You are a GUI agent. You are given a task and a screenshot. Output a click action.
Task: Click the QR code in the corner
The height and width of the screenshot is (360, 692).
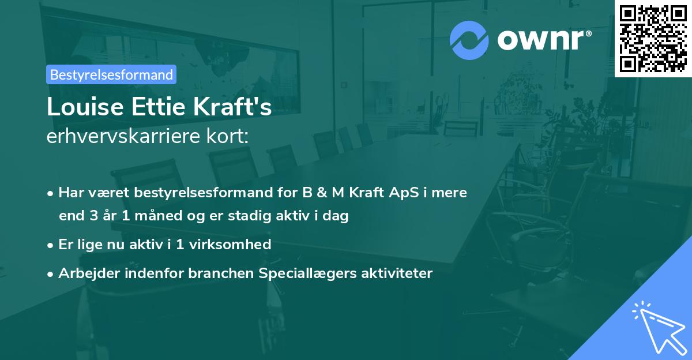(653, 38)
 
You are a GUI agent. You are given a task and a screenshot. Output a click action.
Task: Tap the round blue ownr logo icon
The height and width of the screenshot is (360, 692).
(469, 40)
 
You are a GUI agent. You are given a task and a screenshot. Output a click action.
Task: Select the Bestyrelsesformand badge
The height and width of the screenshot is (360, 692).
(111, 74)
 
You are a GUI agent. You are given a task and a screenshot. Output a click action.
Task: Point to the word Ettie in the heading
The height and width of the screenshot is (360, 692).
(153, 108)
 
